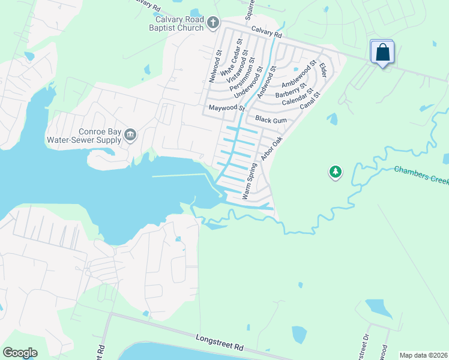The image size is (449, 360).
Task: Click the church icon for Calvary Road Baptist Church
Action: pyautogui.click(x=212, y=23)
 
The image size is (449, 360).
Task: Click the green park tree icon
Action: pyautogui.click(x=335, y=173)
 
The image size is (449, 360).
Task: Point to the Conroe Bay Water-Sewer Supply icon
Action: pyautogui.click(x=130, y=136)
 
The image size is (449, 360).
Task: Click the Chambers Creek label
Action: pyautogui.click(x=421, y=177)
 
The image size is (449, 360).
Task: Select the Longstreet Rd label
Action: pyautogui.click(x=220, y=343)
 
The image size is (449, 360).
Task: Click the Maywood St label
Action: pyautogui.click(x=227, y=109)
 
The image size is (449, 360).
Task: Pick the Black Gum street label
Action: pyautogui.click(x=271, y=120)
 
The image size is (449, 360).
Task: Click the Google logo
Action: pyautogui.click(x=20, y=353)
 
